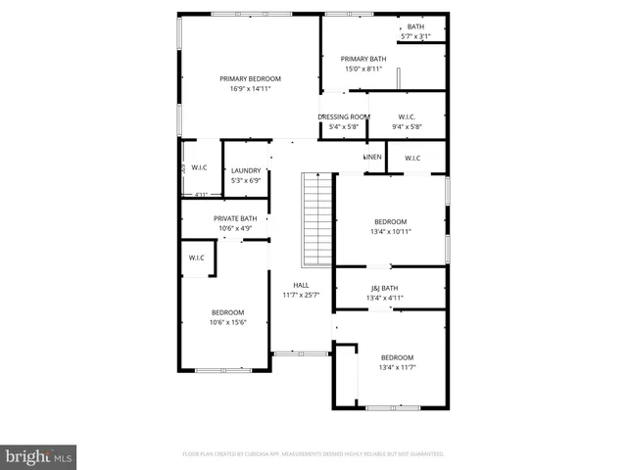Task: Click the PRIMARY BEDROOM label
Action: click(250, 78)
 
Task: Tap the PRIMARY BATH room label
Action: click(364, 59)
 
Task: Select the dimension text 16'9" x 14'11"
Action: click(250, 88)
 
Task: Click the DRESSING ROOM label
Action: click(344, 117)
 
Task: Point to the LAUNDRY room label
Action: click(246, 170)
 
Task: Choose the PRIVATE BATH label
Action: click(235, 218)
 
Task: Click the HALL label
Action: click(301, 285)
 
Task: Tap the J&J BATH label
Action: click(384, 288)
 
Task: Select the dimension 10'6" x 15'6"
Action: click(227, 322)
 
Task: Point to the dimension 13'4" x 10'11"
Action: click(390, 232)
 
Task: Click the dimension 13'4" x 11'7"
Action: click(398, 367)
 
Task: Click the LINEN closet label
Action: click(373, 158)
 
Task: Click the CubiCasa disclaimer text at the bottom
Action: click(313, 454)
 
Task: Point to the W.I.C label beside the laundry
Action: click(199, 167)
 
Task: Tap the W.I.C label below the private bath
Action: click(196, 258)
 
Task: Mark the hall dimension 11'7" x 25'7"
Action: click(301, 295)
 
